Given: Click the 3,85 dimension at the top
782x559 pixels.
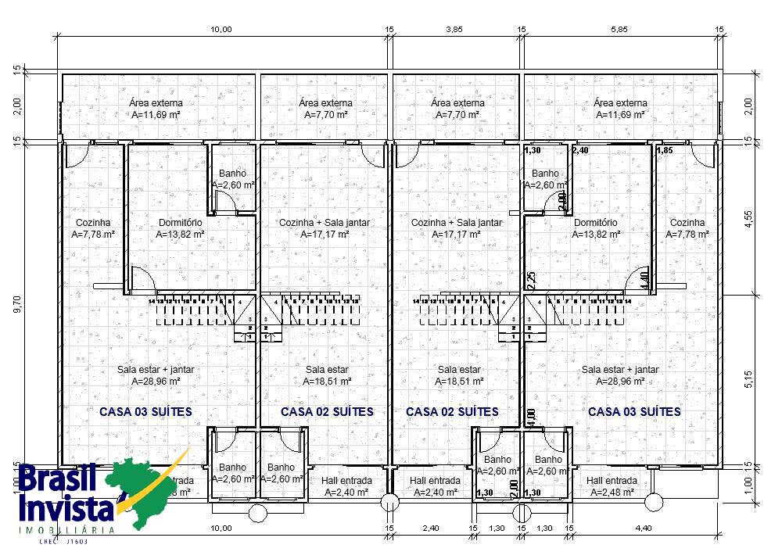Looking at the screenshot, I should [454, 29].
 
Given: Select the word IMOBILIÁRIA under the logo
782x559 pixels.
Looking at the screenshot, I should [67, 530].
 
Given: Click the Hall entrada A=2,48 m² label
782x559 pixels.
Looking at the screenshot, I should [612, 486].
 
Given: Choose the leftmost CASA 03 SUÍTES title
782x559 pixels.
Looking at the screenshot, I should [145, 411].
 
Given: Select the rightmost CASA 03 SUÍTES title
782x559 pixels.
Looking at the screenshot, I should [634, 411].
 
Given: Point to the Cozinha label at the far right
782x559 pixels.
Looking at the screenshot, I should [687, 228].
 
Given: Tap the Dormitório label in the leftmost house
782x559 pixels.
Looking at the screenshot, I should [180, 228].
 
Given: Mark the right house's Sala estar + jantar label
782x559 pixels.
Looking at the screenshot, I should [620, 375].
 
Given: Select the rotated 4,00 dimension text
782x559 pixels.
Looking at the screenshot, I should [531, 417].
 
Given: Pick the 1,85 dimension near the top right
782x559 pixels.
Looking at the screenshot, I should [664, 150].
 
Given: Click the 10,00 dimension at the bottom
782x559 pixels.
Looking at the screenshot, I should [221, 529].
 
